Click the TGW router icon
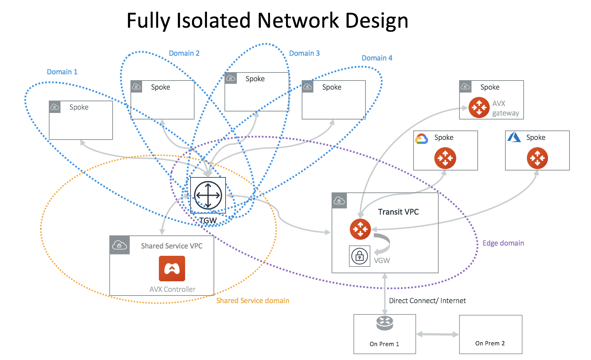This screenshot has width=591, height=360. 208,195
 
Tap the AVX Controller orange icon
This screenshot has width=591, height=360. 172,269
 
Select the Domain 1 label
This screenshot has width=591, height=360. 62,72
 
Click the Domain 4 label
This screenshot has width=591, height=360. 377,58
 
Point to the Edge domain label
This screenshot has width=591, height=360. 503,243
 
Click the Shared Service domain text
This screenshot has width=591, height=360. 253,301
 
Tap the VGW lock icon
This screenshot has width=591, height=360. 359,256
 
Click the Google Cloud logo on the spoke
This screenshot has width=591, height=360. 422,139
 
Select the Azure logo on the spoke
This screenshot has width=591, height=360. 514,137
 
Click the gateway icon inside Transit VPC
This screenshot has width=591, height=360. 360,229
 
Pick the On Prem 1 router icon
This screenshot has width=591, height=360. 384,322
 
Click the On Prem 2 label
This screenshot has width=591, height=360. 490,343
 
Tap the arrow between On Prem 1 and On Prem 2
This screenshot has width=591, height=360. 437,334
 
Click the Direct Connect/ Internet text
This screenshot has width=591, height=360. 427,301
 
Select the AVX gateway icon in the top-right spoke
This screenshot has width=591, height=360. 479,107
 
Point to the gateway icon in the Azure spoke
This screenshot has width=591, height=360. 537,158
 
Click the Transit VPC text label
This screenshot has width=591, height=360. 398,212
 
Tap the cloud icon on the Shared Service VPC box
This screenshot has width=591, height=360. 120,245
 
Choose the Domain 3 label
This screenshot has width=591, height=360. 304,53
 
